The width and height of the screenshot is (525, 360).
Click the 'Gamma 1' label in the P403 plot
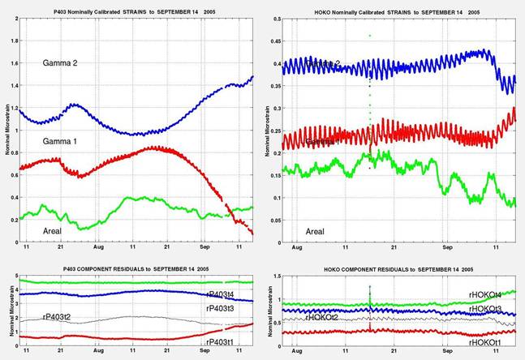point(61,142)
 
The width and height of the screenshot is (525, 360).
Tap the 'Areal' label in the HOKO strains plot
point(315,232)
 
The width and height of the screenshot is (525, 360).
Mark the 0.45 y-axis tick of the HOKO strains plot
point(272,38)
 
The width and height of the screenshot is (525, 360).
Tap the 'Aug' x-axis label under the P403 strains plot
point(98,247)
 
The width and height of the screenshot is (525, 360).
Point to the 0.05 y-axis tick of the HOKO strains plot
point(272,219)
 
